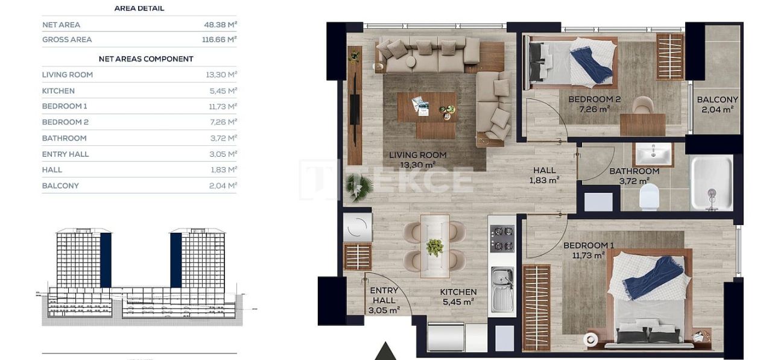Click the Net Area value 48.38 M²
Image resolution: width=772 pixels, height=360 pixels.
tap(221, 25)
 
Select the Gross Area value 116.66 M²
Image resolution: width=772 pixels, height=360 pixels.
tap(219, 39)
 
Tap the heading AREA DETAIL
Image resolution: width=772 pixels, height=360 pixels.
tap(139, 8)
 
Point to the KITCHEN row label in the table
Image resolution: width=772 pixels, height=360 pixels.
tap(59, 91)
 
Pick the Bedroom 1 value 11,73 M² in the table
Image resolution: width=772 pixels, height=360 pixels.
tap(221, 106)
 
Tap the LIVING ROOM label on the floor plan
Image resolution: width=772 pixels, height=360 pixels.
tap(417, 155)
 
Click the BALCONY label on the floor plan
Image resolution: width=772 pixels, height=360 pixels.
tap(717, 100)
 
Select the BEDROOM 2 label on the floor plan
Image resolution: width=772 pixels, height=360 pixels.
tap(595, 99)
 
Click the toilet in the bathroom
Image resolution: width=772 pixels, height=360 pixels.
tap(649, 195)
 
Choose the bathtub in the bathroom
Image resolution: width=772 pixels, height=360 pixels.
tap(712, 183)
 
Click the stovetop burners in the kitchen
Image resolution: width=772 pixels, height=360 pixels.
tap(502, 238)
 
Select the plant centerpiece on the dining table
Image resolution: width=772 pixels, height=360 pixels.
tap(434, 247)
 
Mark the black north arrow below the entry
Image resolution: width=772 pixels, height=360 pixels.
tap(384, 352)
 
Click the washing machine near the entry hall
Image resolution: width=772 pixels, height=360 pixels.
tap(357, 227)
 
